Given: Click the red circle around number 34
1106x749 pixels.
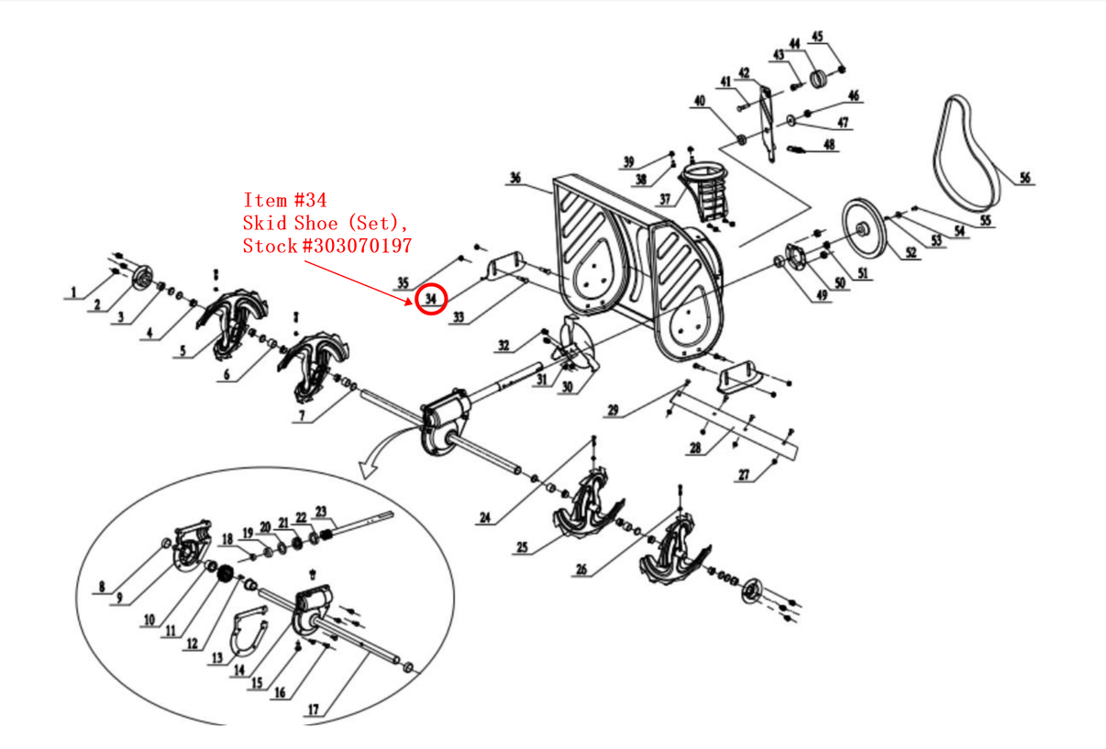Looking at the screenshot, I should [430, 299].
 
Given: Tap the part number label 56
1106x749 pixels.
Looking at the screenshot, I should [1024, 178].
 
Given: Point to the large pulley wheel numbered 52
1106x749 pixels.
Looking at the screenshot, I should [864, 228].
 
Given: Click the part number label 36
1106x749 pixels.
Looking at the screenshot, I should [514, 178].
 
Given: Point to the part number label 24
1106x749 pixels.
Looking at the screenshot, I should [485, 518].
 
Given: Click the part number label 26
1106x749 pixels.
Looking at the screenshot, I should [581, 569].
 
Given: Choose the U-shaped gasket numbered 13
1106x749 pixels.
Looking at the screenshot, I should [247, 633].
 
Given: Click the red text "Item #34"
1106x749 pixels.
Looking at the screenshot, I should [284, 200].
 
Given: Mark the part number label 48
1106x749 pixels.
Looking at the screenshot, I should [829, 144].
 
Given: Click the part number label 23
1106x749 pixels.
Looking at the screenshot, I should [321, 512].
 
